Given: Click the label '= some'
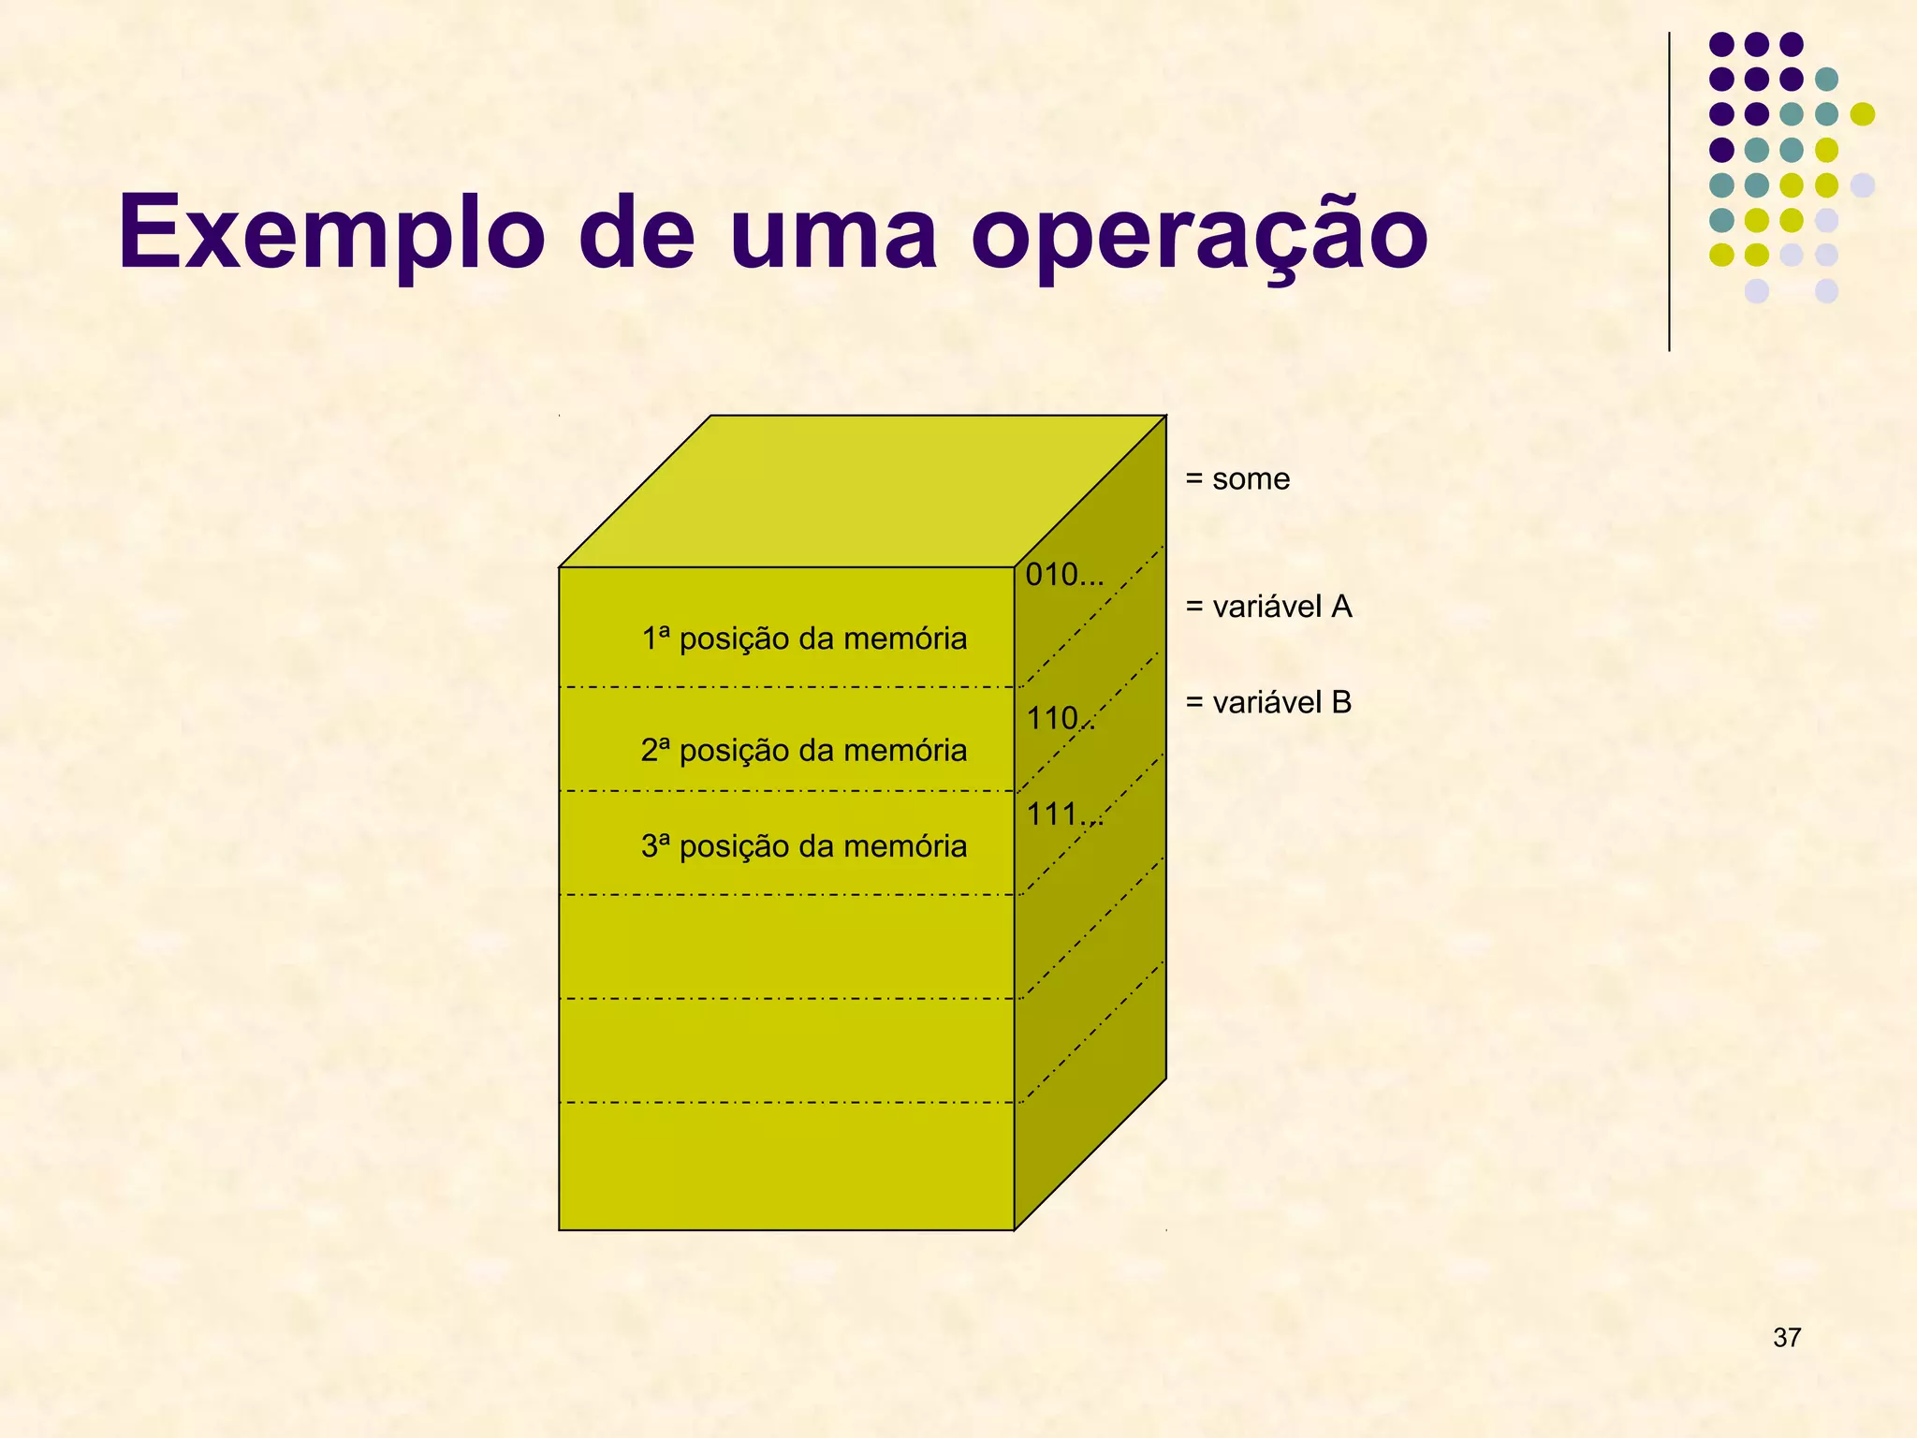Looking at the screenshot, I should (1237, 479).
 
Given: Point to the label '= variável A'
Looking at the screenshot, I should (1268, 607).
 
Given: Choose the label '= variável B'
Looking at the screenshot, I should (1268, 702).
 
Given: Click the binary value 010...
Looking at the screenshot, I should (1063, 575).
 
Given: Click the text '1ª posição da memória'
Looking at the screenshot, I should (804, 638).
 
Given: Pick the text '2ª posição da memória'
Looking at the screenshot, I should (804, 750).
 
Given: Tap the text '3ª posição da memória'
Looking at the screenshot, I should (804, 846).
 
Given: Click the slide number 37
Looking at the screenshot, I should (1787, 1338).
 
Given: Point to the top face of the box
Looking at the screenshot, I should (861, 492).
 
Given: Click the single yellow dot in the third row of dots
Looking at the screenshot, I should (1863, 114).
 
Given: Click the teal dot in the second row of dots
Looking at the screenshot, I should (1826, 80).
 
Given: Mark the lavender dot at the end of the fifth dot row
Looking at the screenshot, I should (1863, 185).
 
